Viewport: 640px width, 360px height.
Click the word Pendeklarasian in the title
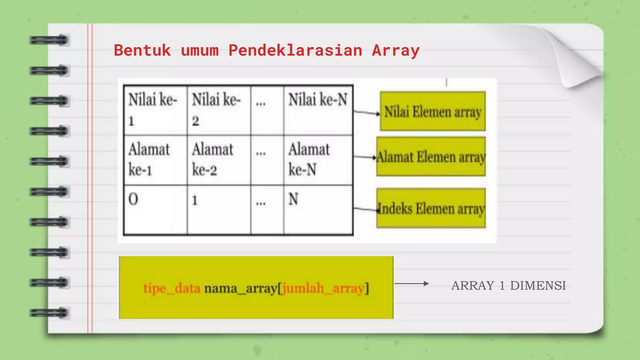295,51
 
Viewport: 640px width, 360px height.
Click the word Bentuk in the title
142,51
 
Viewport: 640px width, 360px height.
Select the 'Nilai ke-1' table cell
155,110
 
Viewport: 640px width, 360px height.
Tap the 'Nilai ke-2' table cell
219,110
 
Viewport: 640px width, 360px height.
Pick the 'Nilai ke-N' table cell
318,110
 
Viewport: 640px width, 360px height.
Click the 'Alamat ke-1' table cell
155,160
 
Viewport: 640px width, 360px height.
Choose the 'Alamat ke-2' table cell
219,160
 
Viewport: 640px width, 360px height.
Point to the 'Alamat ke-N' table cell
318,160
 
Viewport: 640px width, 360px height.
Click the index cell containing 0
155,209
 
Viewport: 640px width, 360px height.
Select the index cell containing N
318,209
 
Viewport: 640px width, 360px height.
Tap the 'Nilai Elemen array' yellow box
432,111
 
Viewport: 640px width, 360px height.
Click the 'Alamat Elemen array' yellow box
431,157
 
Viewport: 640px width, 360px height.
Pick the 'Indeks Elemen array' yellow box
431,208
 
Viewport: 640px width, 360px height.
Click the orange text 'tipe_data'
172,288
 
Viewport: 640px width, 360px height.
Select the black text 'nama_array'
240,288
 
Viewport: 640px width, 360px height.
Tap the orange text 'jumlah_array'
323,288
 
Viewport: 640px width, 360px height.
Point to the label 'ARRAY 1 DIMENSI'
508,286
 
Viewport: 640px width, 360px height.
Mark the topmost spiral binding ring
49,40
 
